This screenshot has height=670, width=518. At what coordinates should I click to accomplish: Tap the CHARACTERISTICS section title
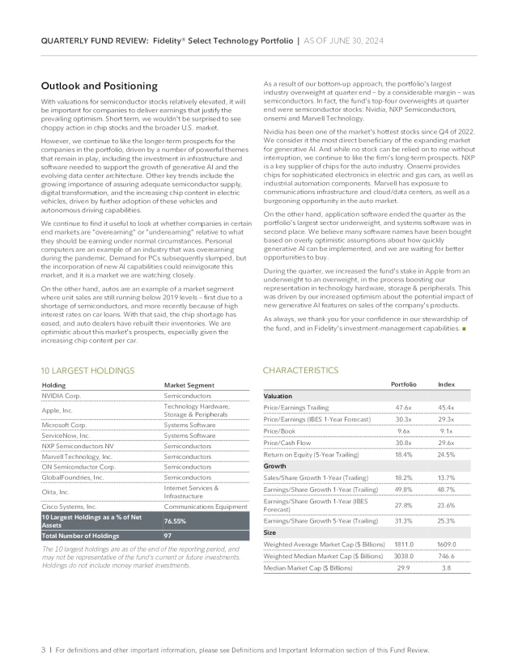tap(300, 370)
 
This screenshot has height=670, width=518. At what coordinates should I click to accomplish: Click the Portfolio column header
tap(403, 384)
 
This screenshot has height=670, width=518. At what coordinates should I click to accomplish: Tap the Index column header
tap(446, 384)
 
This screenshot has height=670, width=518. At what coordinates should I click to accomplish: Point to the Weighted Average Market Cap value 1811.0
tap(403, 545)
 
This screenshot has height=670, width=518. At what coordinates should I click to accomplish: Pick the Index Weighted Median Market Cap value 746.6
tap(446, 557)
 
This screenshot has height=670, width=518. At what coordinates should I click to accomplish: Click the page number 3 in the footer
tap(43, 650)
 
